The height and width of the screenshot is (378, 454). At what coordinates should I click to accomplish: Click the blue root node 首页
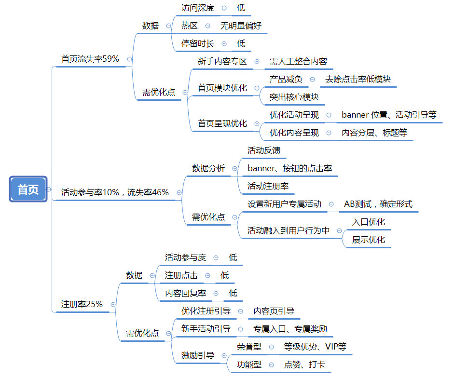click(x=28, y=189)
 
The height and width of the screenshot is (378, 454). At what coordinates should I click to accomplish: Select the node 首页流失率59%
click(x=90, y=59)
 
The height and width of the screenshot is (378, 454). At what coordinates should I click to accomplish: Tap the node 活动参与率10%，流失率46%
click(x=115, y=192)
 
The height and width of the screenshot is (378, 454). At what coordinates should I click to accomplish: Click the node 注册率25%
click(x=82, y=304)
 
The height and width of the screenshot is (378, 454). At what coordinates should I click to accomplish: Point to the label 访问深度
click(x=197, y=8)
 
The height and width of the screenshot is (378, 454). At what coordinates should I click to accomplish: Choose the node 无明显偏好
click(x=241, y=26)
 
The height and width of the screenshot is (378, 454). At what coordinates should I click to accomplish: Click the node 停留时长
click(x=197, y=43)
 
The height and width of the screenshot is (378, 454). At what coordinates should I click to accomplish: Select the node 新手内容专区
click(x=222, y=61)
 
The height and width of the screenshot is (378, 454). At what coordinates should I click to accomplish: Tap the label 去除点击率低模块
click(x=358, y=79)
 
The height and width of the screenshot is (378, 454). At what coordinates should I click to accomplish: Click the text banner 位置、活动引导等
click(x=389, y=115)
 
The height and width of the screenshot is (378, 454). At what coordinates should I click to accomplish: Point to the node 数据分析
click(x=208, y=168)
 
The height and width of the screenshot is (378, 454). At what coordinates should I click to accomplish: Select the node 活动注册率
click(x=268, y=186)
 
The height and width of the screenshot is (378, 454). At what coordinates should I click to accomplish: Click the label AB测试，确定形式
click(x=378, y=204)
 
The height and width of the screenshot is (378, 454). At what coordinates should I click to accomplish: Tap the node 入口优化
click(x=368, y=222)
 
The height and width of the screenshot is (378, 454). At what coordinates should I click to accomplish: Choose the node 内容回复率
click(x=185, y=293)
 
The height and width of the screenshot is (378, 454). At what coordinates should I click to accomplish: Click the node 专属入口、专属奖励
click(x=290, y=329)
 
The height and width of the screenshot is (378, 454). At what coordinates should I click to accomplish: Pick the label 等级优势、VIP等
click(x=315, y=347)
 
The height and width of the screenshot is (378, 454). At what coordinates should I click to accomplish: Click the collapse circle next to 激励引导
click(x=224, y=356)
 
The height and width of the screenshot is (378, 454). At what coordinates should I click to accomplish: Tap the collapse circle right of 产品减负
click(x=312, y=79)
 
